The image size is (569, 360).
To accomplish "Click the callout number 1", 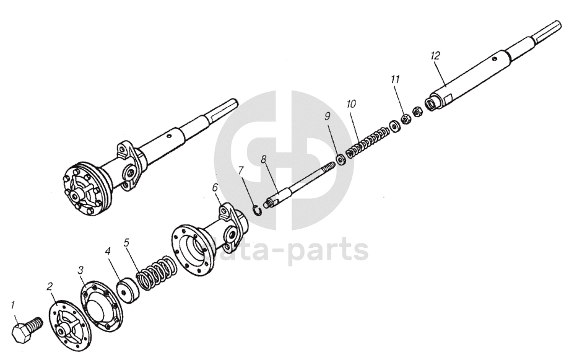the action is click(12, 304).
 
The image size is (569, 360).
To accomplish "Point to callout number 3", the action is click(80, 270).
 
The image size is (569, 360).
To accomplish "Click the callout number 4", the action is click(107, 252).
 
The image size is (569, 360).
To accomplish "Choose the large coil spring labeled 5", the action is click(153, 273).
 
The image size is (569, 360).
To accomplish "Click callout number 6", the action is click(215, 186).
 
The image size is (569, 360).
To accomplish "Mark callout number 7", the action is click(241, 170).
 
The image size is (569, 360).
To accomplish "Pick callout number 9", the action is click(328, 116).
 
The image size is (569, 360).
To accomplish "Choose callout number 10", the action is click(352, 103).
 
